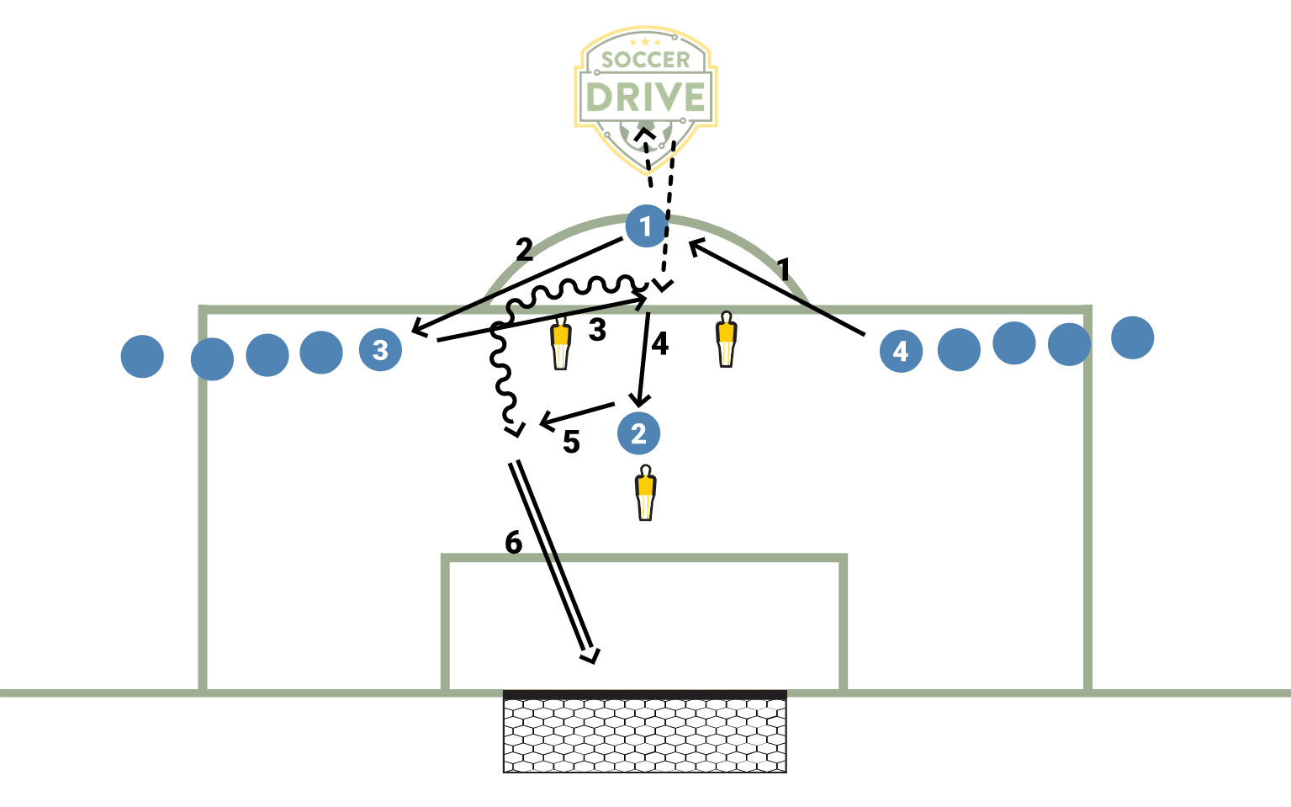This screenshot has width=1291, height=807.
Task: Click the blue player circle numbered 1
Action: (x=646, y=226)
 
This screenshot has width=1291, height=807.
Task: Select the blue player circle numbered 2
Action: (x=638, y=433)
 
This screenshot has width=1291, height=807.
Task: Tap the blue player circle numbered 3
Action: (x=380, y=349)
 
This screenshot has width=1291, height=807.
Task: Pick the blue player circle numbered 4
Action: (x=901, y=351)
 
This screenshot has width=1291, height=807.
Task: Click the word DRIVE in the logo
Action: (x=645, y=98)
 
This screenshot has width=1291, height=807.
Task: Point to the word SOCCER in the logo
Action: (x=645, y=60)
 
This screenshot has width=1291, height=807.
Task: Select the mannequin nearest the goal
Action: (x=645, y=492)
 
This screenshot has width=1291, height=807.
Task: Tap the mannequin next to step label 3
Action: (x=561, y=342)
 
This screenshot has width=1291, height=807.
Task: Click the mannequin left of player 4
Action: (x=726, y=339)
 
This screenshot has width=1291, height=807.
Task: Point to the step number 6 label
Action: (x=514, y=543)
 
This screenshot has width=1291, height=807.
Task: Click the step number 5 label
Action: (x=571, y=442)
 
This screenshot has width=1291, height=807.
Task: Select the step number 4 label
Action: (x=660, y=343)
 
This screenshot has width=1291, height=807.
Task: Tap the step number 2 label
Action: (x=524, y=250)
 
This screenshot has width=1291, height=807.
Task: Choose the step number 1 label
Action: (x=784, y=270)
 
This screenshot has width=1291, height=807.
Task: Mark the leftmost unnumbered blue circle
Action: (x=142, y=357)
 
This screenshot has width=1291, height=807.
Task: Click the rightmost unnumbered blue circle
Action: (x=1132, y=337)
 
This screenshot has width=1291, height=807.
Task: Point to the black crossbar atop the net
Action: (x=645, y=695)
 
